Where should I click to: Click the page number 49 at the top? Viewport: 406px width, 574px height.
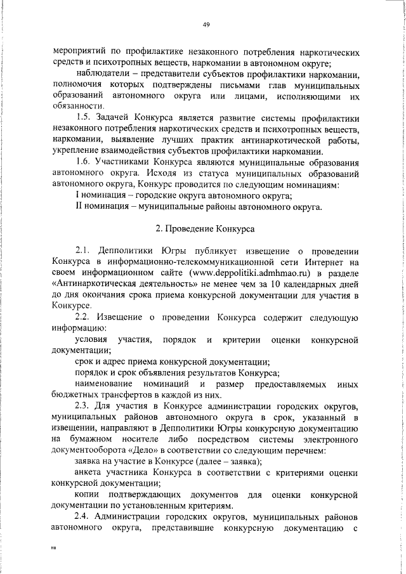[x=206, y=25]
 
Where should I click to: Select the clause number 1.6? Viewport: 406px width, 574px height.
[x=82, y=162]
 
